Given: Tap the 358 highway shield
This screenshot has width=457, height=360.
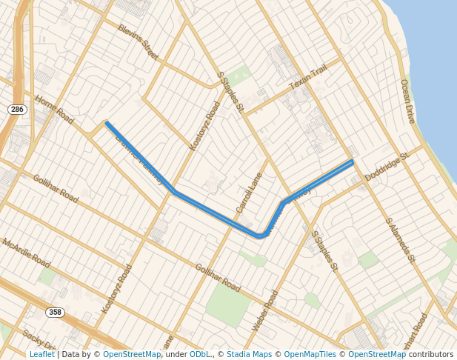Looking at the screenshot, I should (x=55, y=313).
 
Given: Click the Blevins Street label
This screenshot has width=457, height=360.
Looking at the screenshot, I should (x=139, y=41).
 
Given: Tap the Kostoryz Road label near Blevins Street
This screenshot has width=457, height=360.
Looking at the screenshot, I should (x=205, y=126).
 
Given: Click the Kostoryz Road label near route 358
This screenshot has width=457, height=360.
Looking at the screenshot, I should (x=117, y=288).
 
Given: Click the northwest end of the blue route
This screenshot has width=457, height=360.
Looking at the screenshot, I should (x=107, y=124).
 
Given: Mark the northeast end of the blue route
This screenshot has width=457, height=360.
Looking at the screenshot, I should (x=352, y=161).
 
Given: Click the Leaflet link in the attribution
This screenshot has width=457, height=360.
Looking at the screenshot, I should (x=41, y=354).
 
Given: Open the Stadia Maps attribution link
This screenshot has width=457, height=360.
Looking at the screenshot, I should (x=249, y=354).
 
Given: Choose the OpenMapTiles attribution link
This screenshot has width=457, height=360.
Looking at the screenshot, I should (x=310, y=354).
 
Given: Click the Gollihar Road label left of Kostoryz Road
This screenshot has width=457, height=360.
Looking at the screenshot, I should (x=55, y=189).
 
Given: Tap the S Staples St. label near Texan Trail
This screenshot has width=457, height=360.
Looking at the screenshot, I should (x=230, y=92).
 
